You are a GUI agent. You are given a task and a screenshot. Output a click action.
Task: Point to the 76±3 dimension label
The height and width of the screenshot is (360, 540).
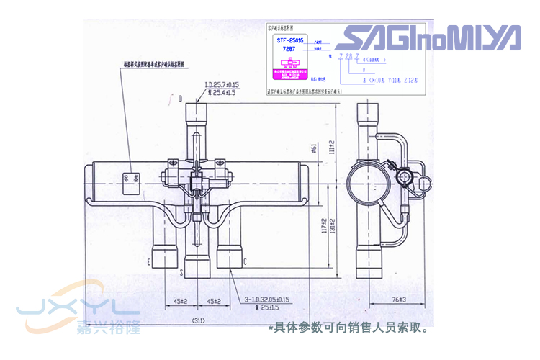(379, 299)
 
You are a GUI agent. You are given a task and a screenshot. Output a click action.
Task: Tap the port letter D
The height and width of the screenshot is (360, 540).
(181, 96)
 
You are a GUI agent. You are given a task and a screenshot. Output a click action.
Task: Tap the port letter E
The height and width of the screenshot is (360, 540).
(148, 261)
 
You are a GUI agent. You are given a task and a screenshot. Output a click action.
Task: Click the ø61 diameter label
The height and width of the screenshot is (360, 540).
(315, 149)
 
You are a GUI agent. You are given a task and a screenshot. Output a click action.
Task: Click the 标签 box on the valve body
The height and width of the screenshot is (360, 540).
(130, 176)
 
